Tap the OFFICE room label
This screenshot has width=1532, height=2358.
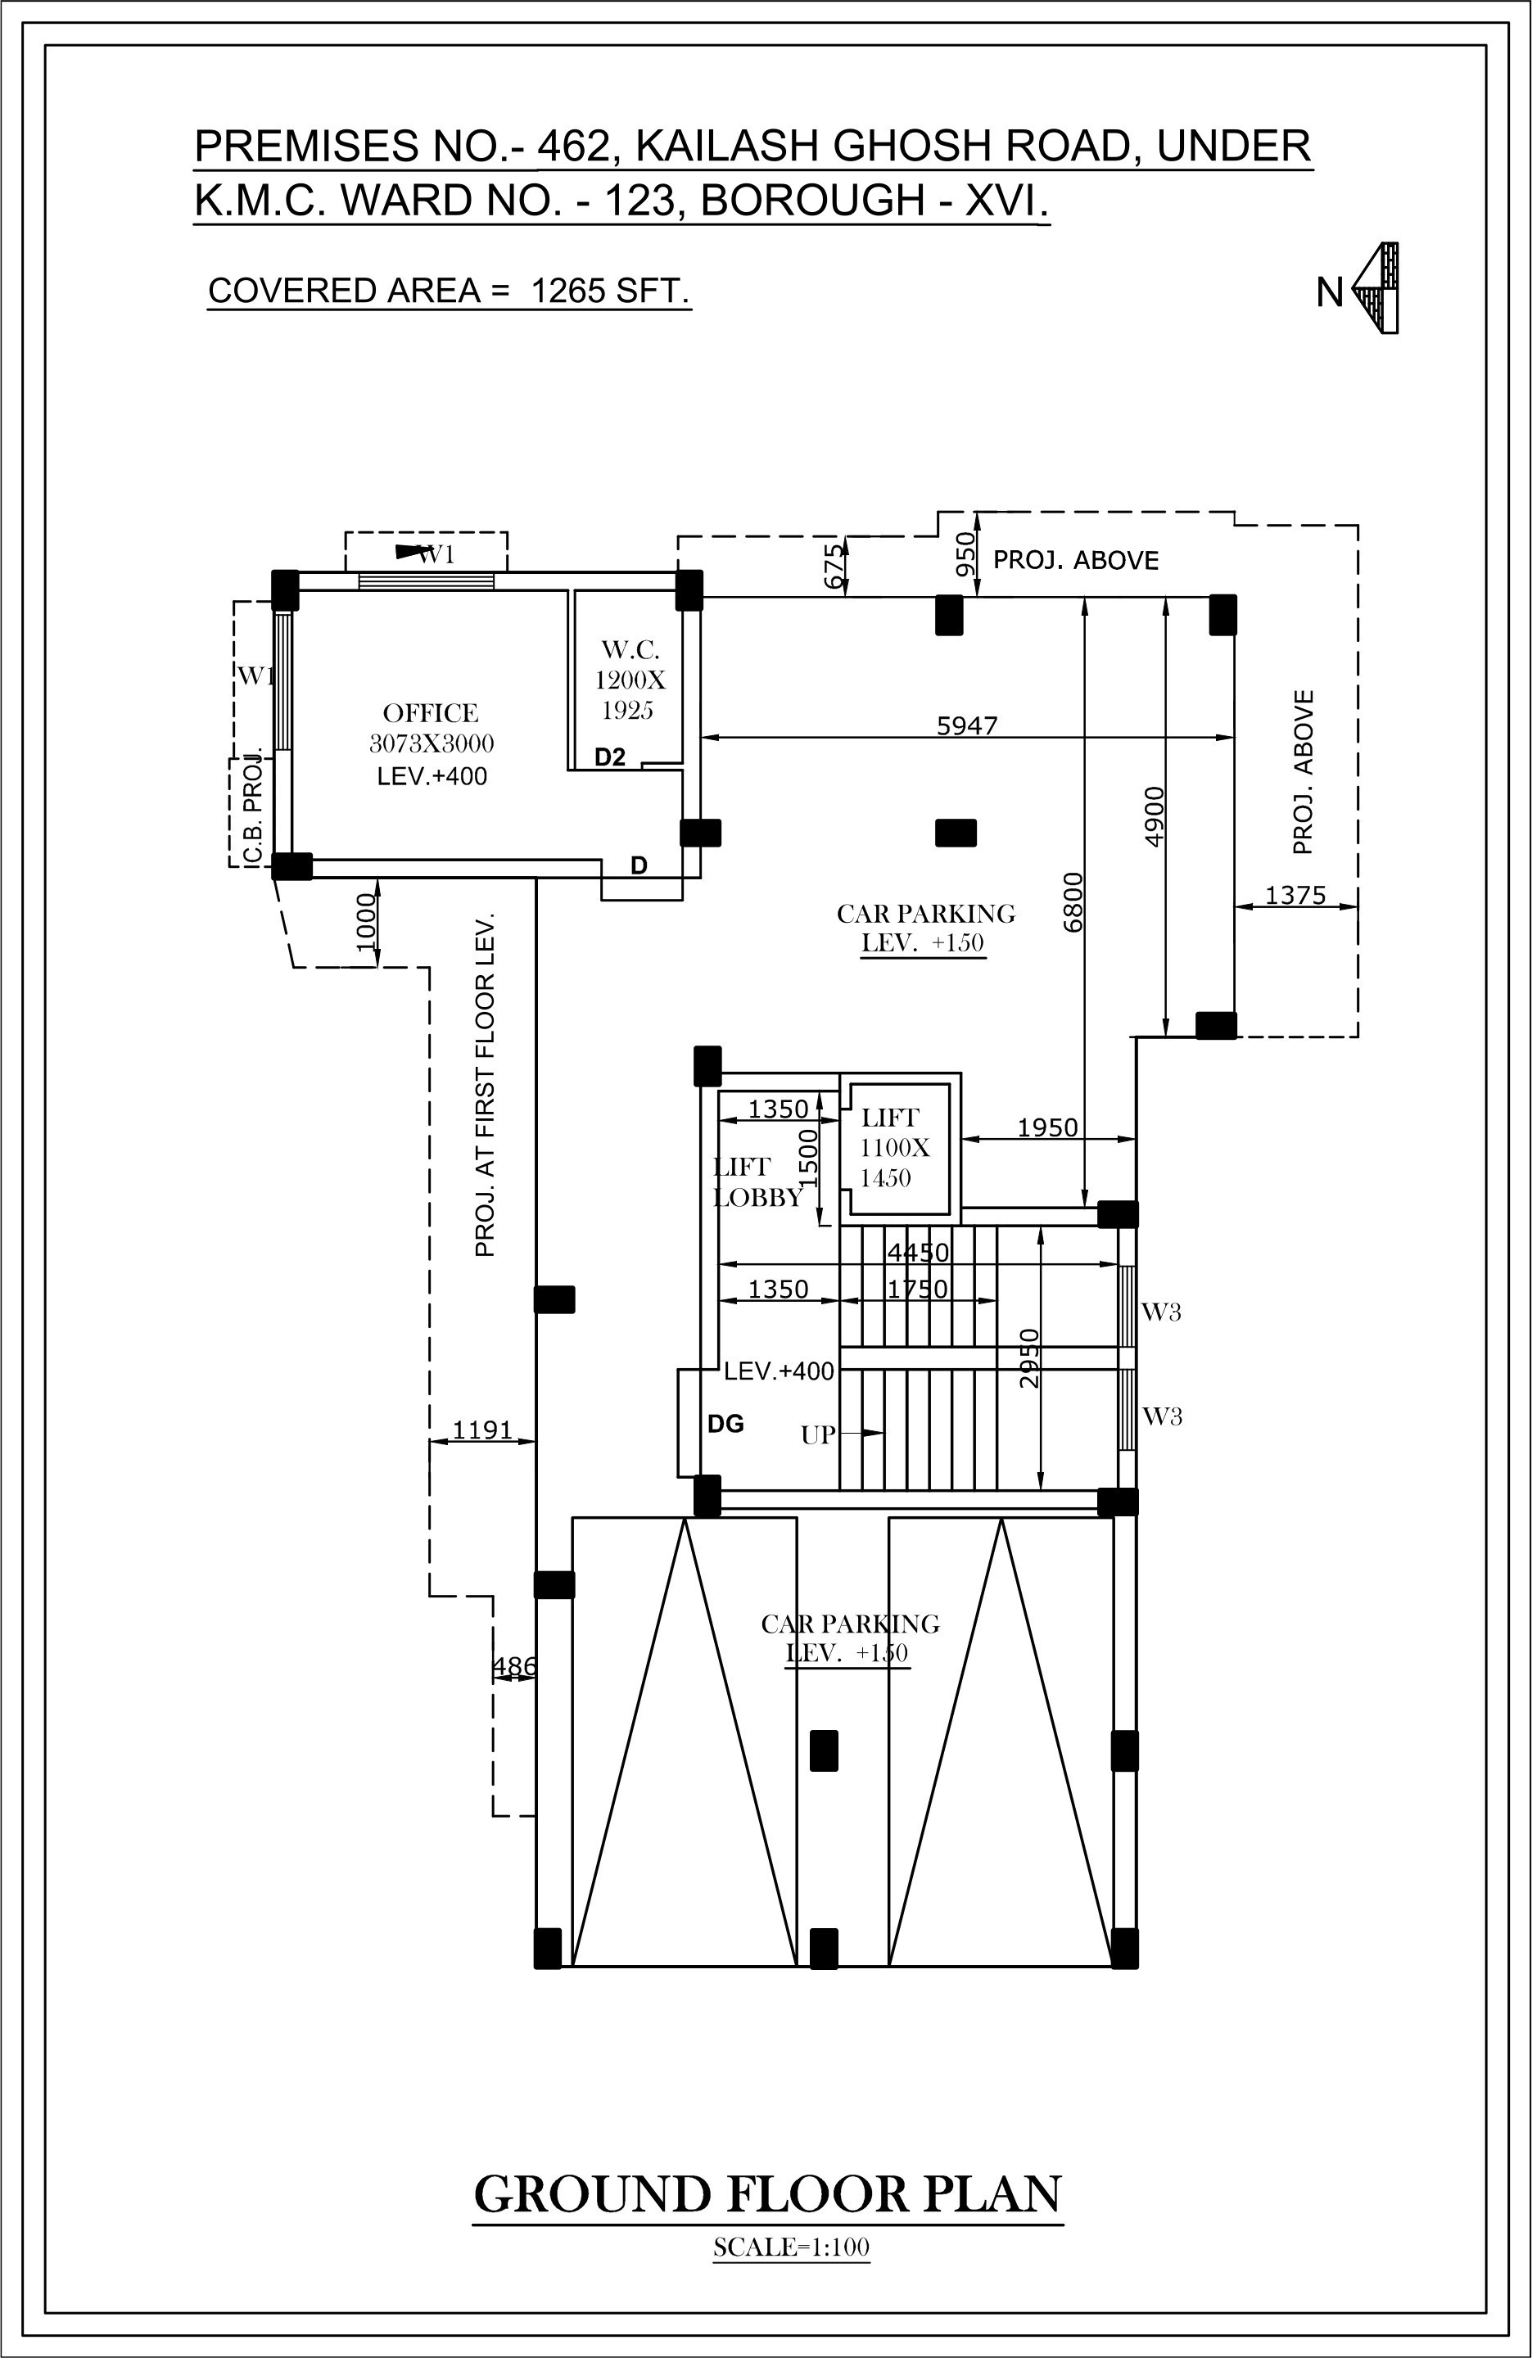coord(431,713)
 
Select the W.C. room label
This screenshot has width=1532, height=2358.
coord(629,651)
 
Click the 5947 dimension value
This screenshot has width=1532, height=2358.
coord(967,726)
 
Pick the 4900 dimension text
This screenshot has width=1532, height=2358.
coord(1155,815)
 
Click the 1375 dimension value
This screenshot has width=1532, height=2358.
coord(1295,896)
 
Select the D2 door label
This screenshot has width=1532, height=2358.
coord(610,758)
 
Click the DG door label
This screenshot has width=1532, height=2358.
coord(725,1425)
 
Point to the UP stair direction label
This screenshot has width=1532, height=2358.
coord(817,1434)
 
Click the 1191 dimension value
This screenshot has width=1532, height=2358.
coord(481,1430)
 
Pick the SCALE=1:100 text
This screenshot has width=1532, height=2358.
coord(791,2247)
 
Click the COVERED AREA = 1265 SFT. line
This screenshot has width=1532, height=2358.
coord(448,291)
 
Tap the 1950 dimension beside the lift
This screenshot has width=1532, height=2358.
coord(1046,1127)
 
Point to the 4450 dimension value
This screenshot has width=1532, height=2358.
coord(918,1253)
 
